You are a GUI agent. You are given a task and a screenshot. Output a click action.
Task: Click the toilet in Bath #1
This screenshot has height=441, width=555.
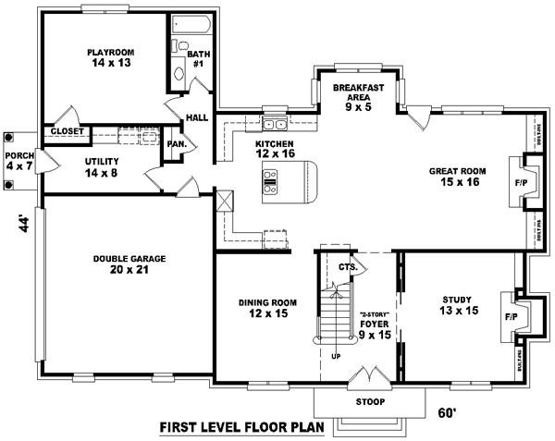(179, 73)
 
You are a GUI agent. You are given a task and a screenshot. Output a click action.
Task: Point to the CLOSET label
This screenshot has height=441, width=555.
(68, 132)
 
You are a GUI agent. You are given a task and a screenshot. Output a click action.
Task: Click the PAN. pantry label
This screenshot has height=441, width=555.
(177, 144)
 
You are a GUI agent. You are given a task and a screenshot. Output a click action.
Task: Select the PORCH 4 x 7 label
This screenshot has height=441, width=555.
(18, 161)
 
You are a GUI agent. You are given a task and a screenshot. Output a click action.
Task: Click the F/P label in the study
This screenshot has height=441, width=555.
(511, 317)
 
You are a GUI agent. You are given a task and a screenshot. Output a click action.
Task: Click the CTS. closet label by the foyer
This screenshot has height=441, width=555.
(347, 267)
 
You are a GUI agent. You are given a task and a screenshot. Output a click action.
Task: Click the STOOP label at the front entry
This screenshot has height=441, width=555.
(369, 402)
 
